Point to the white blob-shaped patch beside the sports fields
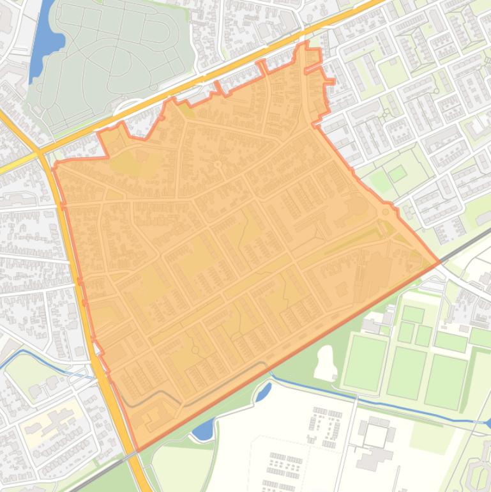(x=326, y=363)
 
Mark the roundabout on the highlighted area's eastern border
(x=386, y=211)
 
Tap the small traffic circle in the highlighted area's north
(x=218, y=165)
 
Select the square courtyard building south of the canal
(x=375, y=436)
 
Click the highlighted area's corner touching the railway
(x=439, y=262)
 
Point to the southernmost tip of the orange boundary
(x=136, y=450)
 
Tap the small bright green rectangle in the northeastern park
(x=397, y=173)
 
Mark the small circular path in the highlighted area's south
(x=195, y=350)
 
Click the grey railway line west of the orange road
(x=96, y=476)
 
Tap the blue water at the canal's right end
(x=487, y=422)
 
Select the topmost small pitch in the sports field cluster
(x=413, y=314)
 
